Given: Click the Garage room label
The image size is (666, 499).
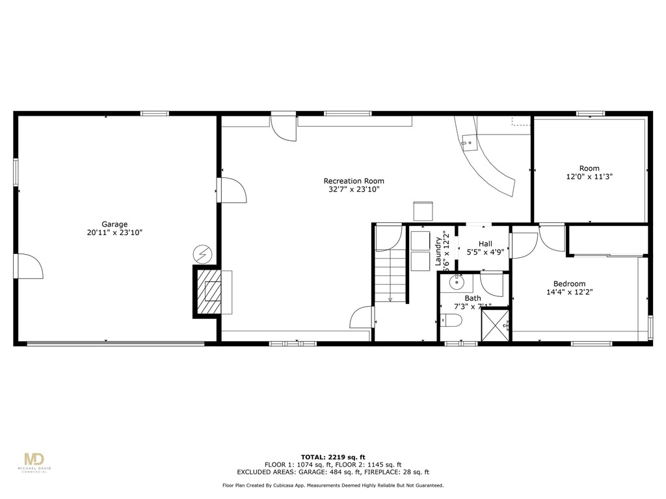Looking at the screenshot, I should pyautogui.click(x=114, y=224).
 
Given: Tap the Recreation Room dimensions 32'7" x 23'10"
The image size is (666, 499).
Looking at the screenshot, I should pyautogui.click(x=354, y=190).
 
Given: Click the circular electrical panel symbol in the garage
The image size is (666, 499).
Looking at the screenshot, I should pyautogui.click(x=202, y=254).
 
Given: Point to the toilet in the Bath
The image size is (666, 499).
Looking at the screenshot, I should pyautogui.click(x=450, y=320).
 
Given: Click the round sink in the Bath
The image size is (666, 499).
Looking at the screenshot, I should pyautogui.click(x=457, y=281).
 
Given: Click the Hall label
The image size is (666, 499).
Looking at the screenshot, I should pyautogui.click(x=485, y=244).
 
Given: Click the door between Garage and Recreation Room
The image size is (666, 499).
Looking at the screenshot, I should pyautogui.click(x=232, y=190).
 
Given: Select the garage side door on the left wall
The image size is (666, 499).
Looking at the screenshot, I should pyautogui.click(x=28, y=266).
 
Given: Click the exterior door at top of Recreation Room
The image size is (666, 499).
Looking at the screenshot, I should pyautogui.click(x=284, y=127).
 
